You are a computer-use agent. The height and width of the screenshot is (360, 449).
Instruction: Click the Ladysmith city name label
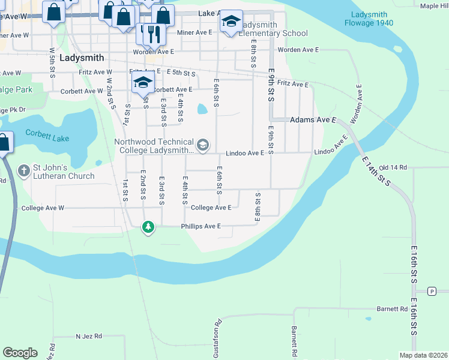tap(82, 58)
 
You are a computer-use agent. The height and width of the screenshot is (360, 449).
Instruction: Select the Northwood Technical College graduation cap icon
tap(203, 145)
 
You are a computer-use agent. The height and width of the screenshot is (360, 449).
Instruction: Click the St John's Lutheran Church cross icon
tap(25, 171)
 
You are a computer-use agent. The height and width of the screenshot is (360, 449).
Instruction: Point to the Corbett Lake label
tap(47, 137)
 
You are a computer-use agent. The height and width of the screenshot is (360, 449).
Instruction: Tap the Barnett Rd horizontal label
tap(393, 309)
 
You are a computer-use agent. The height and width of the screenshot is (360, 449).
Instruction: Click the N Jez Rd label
tap(89, 337)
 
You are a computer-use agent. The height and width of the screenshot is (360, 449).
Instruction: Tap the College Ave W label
tap(43, 208)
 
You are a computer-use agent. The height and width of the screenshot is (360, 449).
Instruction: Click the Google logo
tap(20, 353)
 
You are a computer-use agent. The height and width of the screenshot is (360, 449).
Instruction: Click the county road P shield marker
tap(432, 291)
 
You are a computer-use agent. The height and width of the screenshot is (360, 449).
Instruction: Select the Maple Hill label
tap(435, 6)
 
